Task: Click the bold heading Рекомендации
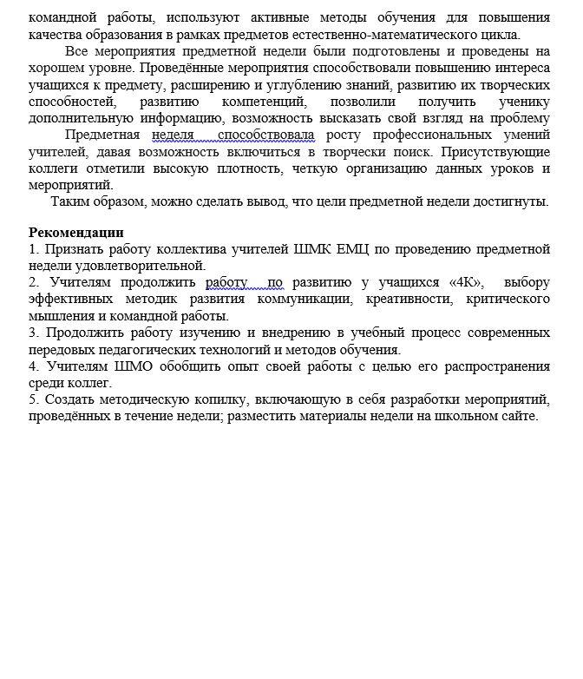point(76,233)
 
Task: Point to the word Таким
point(70,201)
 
